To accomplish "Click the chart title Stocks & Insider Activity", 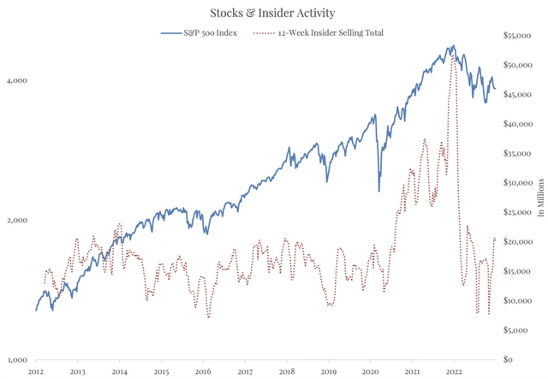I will tap(273, 13).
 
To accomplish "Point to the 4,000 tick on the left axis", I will tap(18, 80).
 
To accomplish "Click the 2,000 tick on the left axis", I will tap(18, 221).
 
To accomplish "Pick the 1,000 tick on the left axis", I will tap(18, 360).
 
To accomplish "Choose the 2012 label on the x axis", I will tap(36, 372).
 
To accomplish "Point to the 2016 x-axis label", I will tap(203, 372).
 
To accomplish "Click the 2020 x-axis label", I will tap(370, 372).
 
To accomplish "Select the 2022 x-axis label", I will tap(453, 372).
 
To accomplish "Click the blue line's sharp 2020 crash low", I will tap(378, 190).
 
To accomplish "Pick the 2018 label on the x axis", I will tap(287, 372).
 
